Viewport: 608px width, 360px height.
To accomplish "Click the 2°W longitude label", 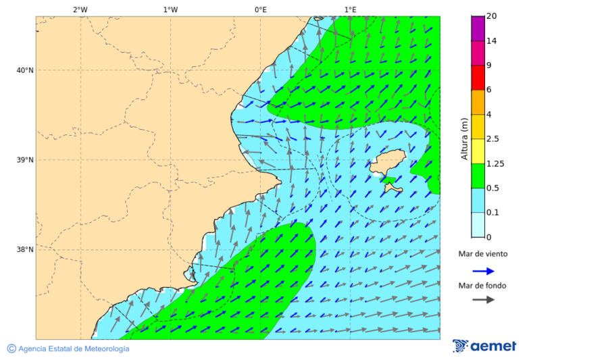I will point(80,9).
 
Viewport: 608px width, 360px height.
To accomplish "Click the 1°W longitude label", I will point(170,9).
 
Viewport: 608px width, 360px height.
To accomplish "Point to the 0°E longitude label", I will point(260,9).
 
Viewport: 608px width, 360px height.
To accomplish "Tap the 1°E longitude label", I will point(350,9).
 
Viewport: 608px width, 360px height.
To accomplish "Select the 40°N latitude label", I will point(24,70).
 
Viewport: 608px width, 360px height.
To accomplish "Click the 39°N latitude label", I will point(24,160).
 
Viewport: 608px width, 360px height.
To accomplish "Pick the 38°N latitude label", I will point(24,250).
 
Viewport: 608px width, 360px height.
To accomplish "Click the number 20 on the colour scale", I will point(492,16).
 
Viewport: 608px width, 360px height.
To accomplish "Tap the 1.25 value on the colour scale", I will point(496,163).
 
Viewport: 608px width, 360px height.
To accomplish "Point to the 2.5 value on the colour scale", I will point(492,139).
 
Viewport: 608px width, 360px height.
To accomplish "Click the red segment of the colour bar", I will point(478,78).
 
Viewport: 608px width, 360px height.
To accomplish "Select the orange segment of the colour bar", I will point(478,102).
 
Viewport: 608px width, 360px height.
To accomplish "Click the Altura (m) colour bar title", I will point(464,138).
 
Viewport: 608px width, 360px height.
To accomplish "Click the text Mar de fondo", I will point(482,286).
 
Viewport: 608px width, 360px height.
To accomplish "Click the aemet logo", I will point(484,346).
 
